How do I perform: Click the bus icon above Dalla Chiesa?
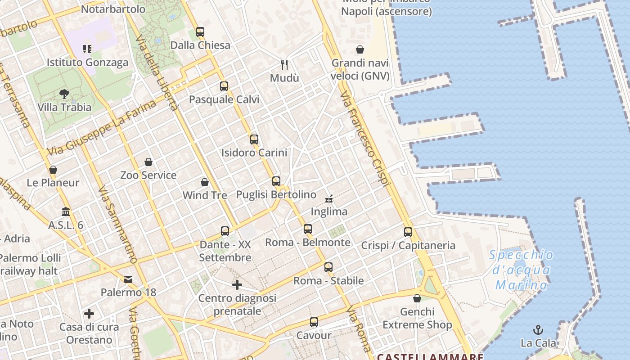click(200, 32)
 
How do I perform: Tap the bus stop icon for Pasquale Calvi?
click(224, 86)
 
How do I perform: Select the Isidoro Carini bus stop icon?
click(254, 139)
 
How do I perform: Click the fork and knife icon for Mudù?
click(284, 65)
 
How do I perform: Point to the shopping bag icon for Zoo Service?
click(148, 162)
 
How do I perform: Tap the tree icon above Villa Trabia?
click(64, 94)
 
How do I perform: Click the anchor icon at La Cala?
click(538, 330)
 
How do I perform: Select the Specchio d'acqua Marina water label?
click(522, 270)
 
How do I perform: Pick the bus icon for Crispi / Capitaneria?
click(408, 232)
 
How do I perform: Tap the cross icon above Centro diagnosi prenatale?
click(237, 285)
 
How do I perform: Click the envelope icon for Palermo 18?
click(128, 279)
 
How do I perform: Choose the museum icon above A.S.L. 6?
click(66, 211)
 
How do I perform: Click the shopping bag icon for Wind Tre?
click(205, 182)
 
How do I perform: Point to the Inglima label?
click(329, 211)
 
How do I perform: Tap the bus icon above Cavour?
click(314, 322)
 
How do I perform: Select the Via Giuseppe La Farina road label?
click(101, 128)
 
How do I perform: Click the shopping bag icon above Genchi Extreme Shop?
click(417, 298)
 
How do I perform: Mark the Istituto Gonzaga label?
click(88, 62)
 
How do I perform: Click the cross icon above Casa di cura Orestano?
click(89, 313)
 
